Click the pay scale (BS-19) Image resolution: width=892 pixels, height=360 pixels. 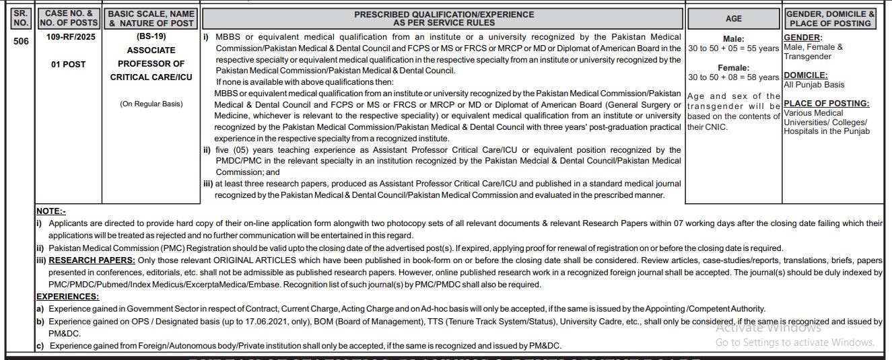pyautogui.click(x=151, y=36)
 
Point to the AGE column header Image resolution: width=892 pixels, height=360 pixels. pyautogui.click(x=733, y=18)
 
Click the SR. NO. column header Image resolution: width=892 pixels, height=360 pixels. pyautogui.click(x=21, y=18)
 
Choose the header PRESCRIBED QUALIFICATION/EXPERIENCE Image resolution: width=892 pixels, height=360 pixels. pyautogui.click(x=444, y=14)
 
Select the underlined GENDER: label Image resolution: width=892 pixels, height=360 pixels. pyautogui.click(x=802, y=38)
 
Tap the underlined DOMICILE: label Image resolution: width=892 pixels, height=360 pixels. pyautogui.click(x=806, y=75)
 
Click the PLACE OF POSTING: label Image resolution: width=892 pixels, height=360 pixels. pyautogui.click(x=826, y=104)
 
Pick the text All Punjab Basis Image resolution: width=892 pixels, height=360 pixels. pyautogui.click(x=813, y=85)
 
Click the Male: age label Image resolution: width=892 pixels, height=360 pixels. pyautogui.click(x=733, y=39)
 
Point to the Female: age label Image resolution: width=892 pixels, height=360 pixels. pyautogui.click(x=733, y=68)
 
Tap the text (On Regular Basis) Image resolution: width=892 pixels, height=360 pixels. pyautogui.click(x=151, y=104)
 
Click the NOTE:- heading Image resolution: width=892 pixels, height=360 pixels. pyautogui.click(x=51, y=211)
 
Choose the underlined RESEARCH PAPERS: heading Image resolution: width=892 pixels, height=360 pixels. pyautogui.click(x=92, y=260)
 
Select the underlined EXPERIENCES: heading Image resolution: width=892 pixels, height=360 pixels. pyautogui.click(x=67, y=297)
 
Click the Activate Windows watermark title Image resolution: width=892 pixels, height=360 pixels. pyautogui.click(x=768, y=328)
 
